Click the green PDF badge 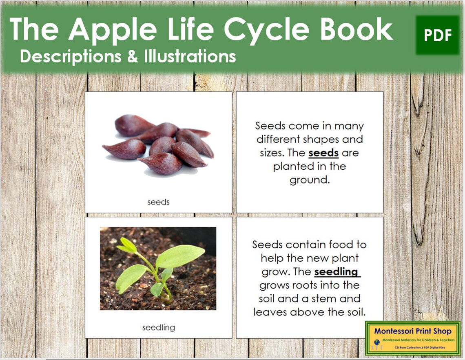438,36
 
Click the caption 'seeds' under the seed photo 158,202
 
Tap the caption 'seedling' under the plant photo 158,327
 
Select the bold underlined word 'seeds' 323,153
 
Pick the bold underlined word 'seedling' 337,272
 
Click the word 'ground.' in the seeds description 309,180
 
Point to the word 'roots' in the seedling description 304,285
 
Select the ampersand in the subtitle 133,56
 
